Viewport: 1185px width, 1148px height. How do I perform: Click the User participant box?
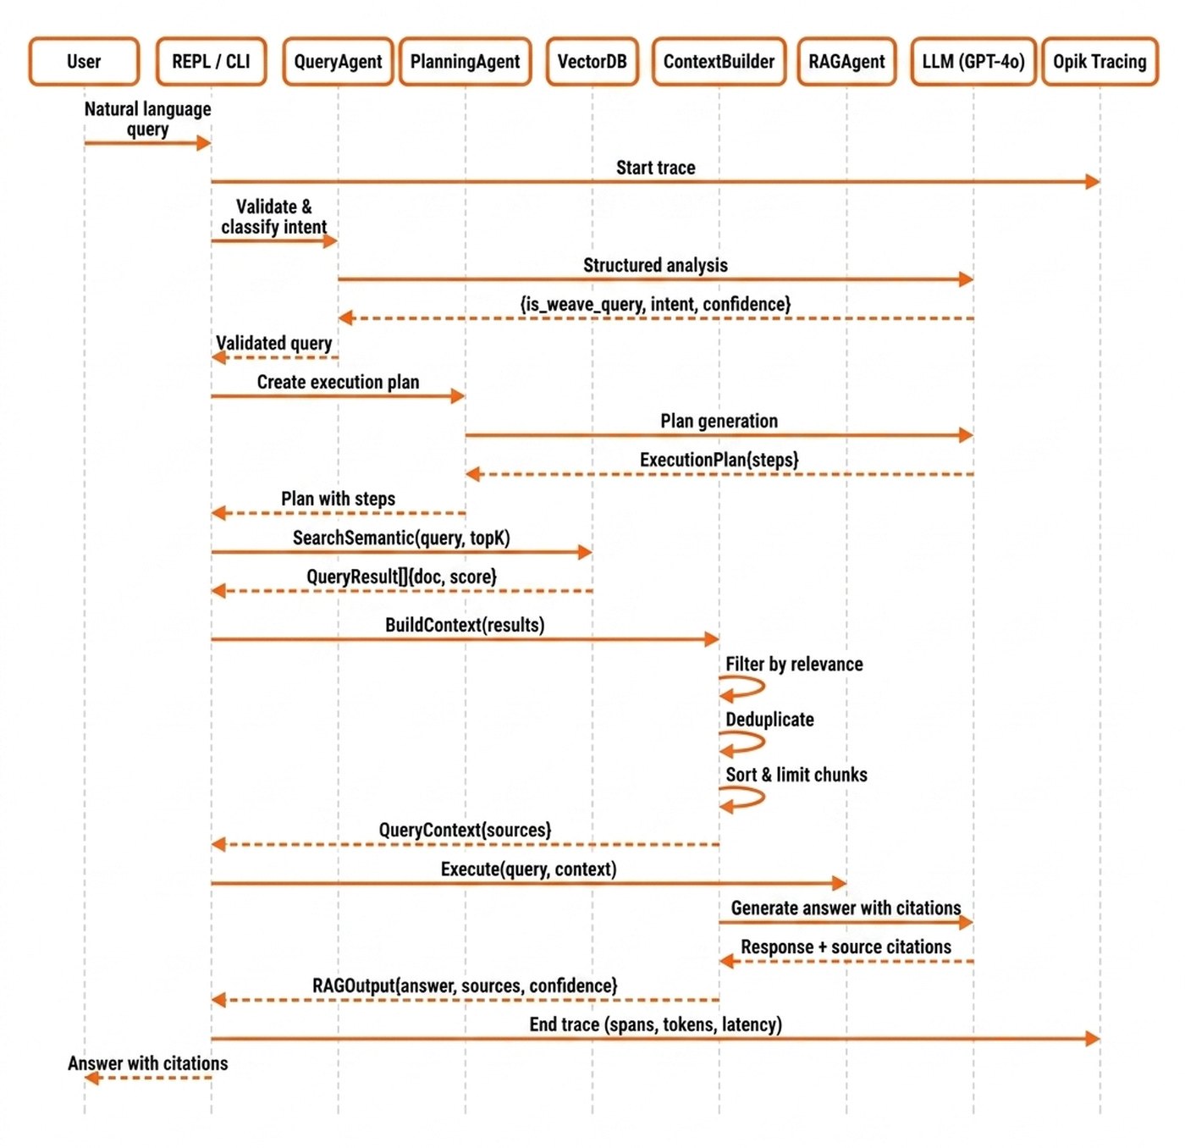coord(84,62)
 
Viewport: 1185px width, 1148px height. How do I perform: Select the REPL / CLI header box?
coord(211,62)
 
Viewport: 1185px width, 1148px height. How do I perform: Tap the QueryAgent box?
coord(338,62)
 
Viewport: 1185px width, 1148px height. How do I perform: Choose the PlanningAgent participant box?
coord(465,62)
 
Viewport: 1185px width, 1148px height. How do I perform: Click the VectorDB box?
coord(592,62)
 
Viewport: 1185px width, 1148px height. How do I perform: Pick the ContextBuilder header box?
coord(719,62)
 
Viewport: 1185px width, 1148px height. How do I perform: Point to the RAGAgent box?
coord(846,62)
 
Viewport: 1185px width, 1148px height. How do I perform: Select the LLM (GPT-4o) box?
coord(973,62)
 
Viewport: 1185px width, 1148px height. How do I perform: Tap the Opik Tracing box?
coord(1100,62)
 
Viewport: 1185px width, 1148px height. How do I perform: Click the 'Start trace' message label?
coord(655,168)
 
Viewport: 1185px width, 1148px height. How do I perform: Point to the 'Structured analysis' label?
coord(655,265)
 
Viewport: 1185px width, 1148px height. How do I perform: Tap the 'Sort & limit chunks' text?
coord(796,775)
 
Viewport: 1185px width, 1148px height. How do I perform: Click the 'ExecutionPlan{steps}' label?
coord(719,460)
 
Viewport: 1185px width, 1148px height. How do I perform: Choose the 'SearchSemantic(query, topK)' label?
coord(401,538)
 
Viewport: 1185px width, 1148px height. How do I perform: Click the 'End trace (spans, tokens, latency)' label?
coord(655,1024)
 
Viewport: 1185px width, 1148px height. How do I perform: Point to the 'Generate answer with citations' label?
coord(846,908)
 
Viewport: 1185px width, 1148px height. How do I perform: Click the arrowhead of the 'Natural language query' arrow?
coord(204,143)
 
